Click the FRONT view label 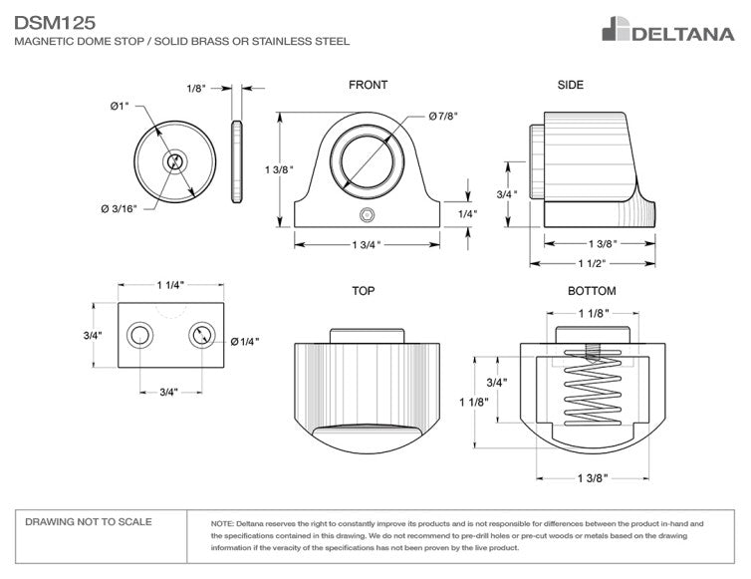368,86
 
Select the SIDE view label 571,86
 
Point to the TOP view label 363,292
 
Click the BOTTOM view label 592,292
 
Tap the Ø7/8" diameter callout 444,118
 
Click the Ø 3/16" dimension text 119,208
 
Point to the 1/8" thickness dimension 196,89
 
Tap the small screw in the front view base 368,214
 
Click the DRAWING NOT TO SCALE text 89,522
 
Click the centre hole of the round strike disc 175,161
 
